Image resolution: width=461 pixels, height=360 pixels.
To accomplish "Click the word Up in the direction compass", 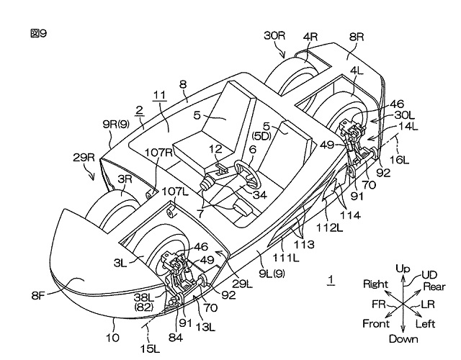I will click(403, 269).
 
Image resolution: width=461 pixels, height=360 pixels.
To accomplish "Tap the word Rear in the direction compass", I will click(434, 287).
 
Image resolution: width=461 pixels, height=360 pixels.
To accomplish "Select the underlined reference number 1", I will click(331, 278).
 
